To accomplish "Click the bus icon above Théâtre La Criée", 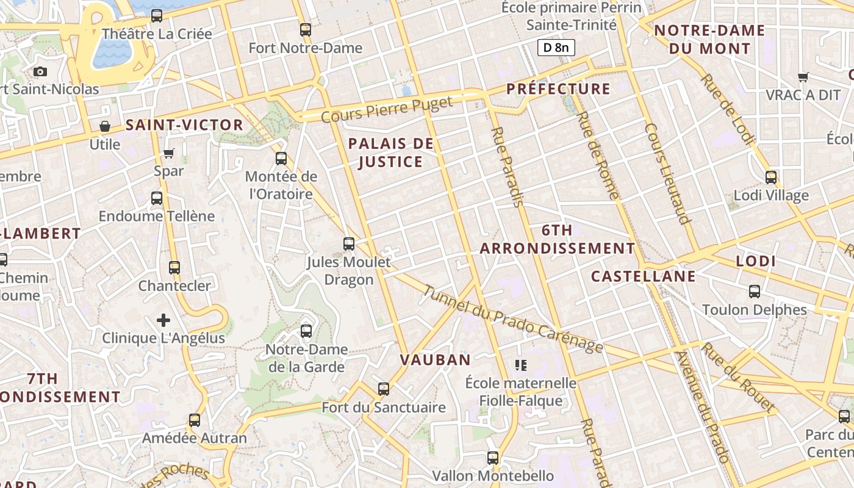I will click(157, 16).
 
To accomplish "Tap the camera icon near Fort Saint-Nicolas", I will click(40, 72).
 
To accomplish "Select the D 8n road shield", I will click(556, 48).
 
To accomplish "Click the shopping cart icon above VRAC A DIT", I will click(803, 77).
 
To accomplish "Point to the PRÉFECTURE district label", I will click(558, 89).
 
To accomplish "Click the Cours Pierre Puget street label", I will click(387, 109).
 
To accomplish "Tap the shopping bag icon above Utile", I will click(105, 127).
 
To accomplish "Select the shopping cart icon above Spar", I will click(169, 153).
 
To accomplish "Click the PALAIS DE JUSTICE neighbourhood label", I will click(390, 152).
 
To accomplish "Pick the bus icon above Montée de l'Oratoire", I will click(281, 159).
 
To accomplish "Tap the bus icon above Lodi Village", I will click(771, 178).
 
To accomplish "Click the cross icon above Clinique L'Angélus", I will click(163, 320).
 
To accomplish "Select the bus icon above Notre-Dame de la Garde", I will click(306, 331).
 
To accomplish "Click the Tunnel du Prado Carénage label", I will click(512, 320).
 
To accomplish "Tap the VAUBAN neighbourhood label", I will click(436, 360).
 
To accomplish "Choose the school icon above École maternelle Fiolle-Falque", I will click(520, 365).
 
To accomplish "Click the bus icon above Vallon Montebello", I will click(493, 457).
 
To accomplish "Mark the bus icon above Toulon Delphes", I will click(755, 292).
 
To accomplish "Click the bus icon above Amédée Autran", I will click(195, 420).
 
